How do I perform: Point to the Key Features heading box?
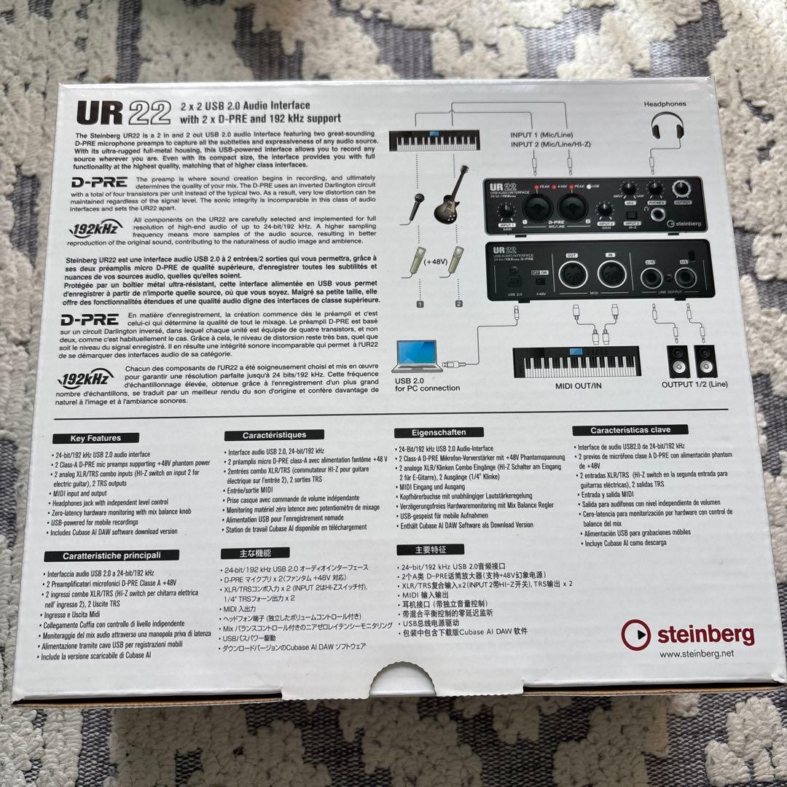tap(95, 438)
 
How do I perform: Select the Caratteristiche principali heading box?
tap(111, 555)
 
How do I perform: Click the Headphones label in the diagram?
tap(665, 104)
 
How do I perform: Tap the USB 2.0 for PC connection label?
tap(427, 384)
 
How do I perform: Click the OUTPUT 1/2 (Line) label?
tap(694, 384)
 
